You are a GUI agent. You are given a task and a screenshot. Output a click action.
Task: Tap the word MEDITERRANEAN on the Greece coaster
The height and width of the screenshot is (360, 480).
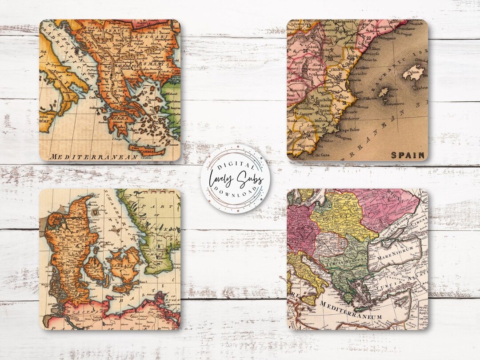tap(87, 157)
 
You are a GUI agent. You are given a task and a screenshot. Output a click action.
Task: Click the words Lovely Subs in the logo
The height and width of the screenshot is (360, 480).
tap(234, 179)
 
